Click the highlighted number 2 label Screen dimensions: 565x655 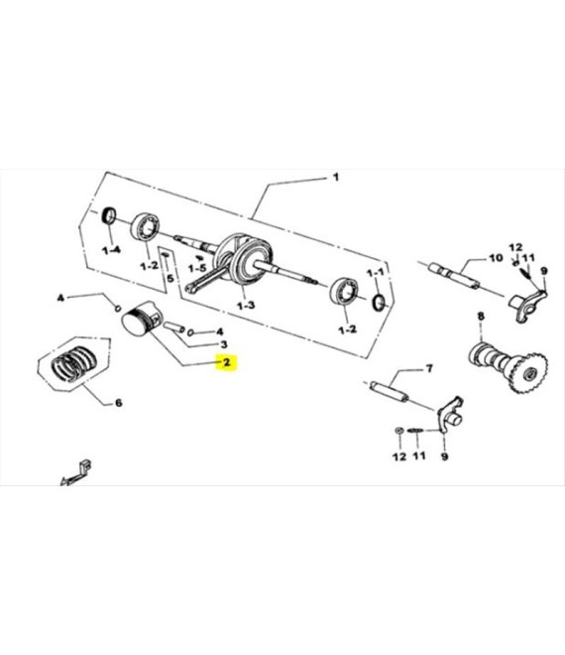click(226, 362)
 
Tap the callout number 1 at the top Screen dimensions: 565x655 click(335, 178)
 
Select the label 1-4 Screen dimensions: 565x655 click(111, 250)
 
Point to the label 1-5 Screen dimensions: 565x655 click(197, 268)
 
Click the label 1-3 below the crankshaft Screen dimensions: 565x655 click(246, 306)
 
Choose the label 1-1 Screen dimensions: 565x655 click(375, 273)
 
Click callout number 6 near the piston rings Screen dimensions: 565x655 click(119, 403)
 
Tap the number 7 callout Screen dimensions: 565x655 click(428, 368)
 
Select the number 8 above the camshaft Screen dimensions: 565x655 click(481, 317)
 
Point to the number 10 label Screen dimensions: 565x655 click(496, 258)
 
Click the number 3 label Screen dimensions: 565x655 click(224, 344)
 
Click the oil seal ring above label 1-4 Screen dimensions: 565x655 click(109, 215)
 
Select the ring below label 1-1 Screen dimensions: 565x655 click(378, 302)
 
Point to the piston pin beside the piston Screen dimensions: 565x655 click(174, 327)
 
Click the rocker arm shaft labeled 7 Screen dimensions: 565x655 click(389, 392)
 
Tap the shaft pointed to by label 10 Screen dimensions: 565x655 click(454, 274)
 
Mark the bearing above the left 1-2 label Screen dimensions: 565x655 click(146, 227)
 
